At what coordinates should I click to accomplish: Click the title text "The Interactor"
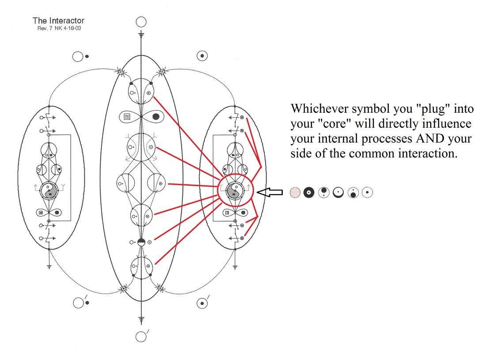58,21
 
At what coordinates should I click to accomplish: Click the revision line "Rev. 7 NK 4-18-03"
59,28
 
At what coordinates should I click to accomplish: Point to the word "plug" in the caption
433,109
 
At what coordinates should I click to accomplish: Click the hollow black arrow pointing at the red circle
269,192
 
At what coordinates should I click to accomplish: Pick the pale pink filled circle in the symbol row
295,192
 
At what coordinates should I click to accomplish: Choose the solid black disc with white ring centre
309,192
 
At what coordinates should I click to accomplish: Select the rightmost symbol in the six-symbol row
368,192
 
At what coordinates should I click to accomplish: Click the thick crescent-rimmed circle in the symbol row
338,192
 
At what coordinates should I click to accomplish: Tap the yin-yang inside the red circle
235,191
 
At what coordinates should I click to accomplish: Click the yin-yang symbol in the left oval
49,191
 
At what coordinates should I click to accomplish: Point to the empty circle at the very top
141,22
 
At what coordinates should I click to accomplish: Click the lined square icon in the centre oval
127,117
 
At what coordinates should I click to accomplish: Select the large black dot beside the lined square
156,117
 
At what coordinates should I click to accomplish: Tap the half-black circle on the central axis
141,242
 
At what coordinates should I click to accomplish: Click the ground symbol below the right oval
235,267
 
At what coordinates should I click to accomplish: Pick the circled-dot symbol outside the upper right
202,56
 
